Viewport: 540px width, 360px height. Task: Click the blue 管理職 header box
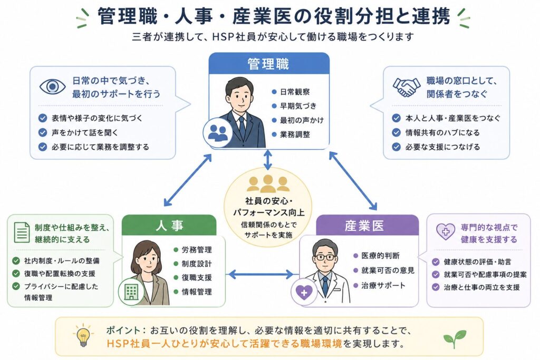point(269,64)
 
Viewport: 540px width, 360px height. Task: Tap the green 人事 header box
point(169,226)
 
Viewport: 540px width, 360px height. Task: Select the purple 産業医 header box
point(367,226)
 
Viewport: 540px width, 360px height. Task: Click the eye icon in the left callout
point(52,86)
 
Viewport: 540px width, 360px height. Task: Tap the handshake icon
point(407,87)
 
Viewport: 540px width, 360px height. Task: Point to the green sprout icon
point(455,338)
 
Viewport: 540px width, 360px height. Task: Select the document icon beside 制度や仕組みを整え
point(22,232)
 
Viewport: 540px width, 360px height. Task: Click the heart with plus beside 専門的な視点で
point(446,231)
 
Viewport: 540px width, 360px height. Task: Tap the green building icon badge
point(131,293)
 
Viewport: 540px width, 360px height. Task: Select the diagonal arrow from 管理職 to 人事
point(188,180)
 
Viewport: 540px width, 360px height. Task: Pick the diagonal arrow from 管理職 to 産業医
point(353,181)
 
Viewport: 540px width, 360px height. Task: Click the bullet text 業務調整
point(295,134)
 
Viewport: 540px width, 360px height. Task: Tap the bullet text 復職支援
point(197,278)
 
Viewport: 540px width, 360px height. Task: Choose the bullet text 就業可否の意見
point(388,270)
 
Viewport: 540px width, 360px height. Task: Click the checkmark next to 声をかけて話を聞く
point(43,132)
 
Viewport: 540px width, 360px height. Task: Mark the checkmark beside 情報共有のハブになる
point(397,132)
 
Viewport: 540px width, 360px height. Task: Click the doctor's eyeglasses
point(325,257)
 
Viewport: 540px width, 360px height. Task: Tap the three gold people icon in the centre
point(268,183)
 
